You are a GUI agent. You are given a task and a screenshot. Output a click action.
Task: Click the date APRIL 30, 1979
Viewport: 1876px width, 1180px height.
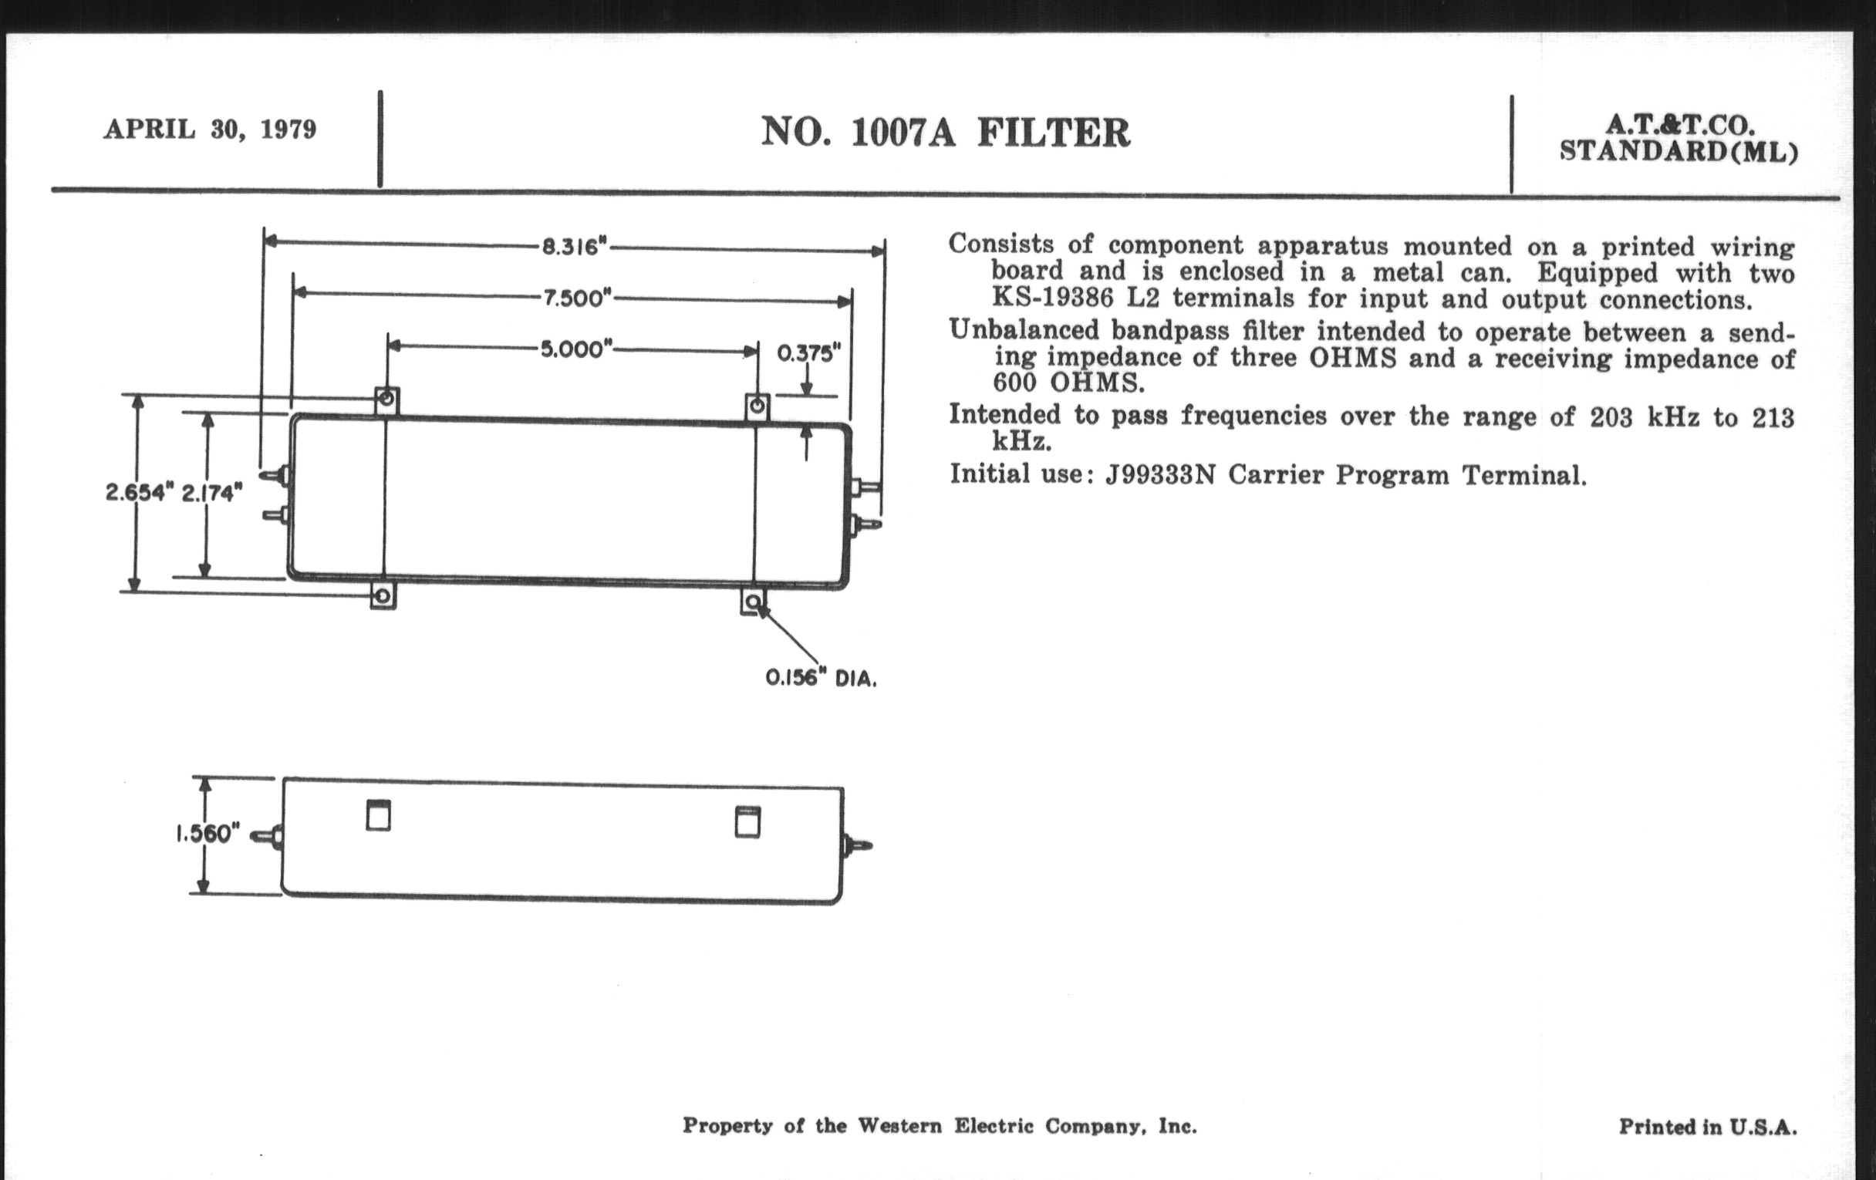click(x=211, y=129)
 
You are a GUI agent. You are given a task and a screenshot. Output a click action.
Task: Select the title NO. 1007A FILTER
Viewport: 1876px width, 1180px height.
click(x=945, y=132)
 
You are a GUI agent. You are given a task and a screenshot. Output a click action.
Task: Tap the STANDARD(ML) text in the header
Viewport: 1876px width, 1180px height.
click(x=1679, y=150)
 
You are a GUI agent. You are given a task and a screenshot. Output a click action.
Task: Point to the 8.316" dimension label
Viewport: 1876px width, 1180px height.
click(x=574, y=247)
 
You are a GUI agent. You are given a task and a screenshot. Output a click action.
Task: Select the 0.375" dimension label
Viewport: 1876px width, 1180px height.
click(x=809, y=353)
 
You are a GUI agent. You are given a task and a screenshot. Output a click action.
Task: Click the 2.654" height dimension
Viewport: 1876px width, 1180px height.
click(x=137, y=492)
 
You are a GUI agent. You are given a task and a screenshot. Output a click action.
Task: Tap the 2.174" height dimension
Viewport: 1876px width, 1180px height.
click(x=212, y=492)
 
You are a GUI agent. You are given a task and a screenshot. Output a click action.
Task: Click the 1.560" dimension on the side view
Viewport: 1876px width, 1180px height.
click(x=204, y=834)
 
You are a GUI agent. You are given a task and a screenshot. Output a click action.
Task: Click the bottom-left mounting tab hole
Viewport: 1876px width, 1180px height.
click(x=382, y=597)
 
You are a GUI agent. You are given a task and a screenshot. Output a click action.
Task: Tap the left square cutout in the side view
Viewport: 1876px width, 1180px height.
click(x=378, y=815)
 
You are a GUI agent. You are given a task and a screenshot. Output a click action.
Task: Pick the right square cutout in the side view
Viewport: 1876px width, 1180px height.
click(x=747, y=822)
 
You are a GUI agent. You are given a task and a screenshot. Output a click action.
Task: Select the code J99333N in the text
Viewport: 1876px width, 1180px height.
click(x=1160, y=474)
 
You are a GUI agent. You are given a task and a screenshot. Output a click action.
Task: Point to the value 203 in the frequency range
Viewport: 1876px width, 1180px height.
click(x=1611, y=417)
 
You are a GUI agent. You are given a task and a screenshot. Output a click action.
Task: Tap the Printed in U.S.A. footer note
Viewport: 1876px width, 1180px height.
click(x=1708, y=1126)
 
